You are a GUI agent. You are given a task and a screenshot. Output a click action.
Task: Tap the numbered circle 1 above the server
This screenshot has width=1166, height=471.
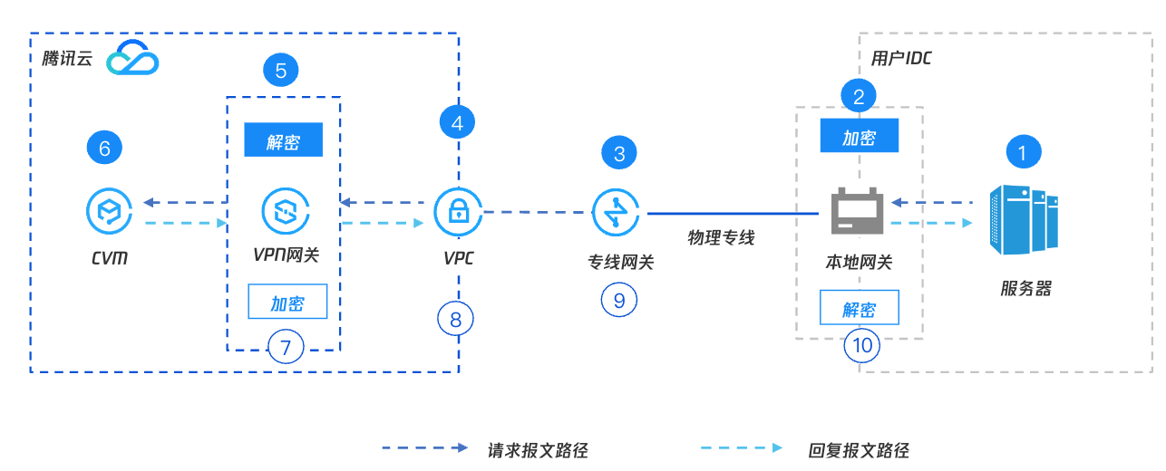(x=1023, y=152)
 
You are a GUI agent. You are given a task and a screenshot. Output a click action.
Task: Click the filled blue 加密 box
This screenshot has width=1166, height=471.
(x=859, y=138)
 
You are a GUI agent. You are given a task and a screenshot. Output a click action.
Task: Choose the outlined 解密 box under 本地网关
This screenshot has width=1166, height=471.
(x=859, y=308)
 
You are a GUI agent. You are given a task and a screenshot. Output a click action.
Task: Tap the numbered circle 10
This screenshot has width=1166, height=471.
(x=861, y=345)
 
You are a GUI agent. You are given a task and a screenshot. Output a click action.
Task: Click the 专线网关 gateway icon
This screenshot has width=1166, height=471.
(x=618, y=212)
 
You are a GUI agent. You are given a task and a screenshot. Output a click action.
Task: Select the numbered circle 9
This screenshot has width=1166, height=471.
(x=618, y=300)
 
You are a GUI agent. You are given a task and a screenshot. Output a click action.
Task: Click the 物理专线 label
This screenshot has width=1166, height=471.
(x=721, y=238)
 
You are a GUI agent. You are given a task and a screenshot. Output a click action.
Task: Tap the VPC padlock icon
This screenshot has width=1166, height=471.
(x=457, y=212)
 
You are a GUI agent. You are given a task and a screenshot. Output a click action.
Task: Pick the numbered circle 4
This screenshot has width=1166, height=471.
(x=457, y=122)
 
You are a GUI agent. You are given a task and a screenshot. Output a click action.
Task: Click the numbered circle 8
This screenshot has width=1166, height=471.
(x=456, y=319)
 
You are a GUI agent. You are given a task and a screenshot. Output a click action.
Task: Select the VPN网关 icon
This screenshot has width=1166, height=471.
(x=285, y=212)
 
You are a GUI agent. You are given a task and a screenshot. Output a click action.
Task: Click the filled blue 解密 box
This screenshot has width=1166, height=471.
(x=284, y=140)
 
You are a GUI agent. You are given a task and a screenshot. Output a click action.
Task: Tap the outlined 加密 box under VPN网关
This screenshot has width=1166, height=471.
(x=287, y=303)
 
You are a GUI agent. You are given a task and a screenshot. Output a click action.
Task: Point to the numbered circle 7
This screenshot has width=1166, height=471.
(x=286, y=346)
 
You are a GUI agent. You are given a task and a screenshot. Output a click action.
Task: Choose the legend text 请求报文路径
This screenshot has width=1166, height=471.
(x=538, y=450)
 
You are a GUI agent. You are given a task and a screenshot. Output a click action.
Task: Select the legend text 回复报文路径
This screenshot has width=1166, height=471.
(x=858, y=450)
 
